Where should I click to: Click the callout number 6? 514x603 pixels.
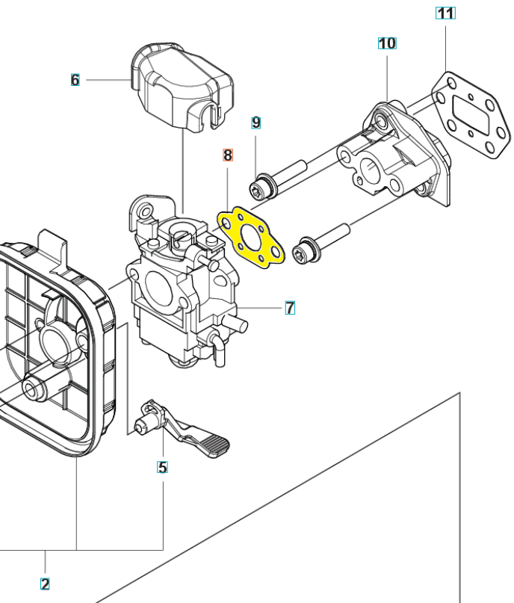(x=75, y=79)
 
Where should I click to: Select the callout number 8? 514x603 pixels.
(x=228, y=156)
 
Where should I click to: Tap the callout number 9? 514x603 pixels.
(x=256, y=123)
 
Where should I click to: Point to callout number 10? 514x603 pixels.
(x=387, y=43)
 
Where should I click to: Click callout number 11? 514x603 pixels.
(x=445, y=13)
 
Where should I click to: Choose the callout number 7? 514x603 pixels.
(x=290, y=306)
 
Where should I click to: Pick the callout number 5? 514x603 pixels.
(x=162, y=468)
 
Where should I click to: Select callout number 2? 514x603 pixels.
(x=45, y=584)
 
